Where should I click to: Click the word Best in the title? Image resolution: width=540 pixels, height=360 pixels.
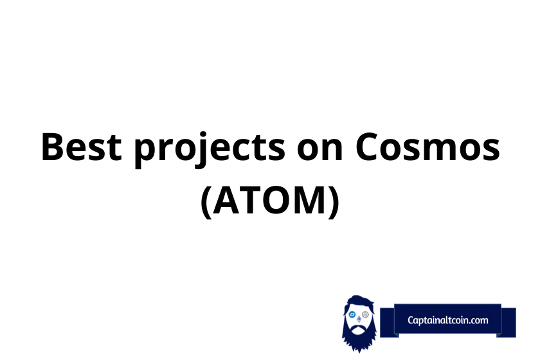tap(81, 147)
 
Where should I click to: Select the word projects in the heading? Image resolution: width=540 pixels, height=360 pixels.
tap(210, 150)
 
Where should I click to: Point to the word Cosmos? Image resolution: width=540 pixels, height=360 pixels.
tap(428, 147)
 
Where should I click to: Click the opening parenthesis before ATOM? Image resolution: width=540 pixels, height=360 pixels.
tap(206, 203)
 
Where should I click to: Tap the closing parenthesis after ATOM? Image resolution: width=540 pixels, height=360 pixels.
tap(334, 203)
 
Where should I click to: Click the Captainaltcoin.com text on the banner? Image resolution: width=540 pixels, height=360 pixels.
tap(447, 320)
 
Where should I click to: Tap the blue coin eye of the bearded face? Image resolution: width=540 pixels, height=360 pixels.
tap(352, 314)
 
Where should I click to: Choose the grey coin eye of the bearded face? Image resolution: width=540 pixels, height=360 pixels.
tap(365, 314)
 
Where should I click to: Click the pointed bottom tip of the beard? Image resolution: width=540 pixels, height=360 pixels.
tap(359, 352)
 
